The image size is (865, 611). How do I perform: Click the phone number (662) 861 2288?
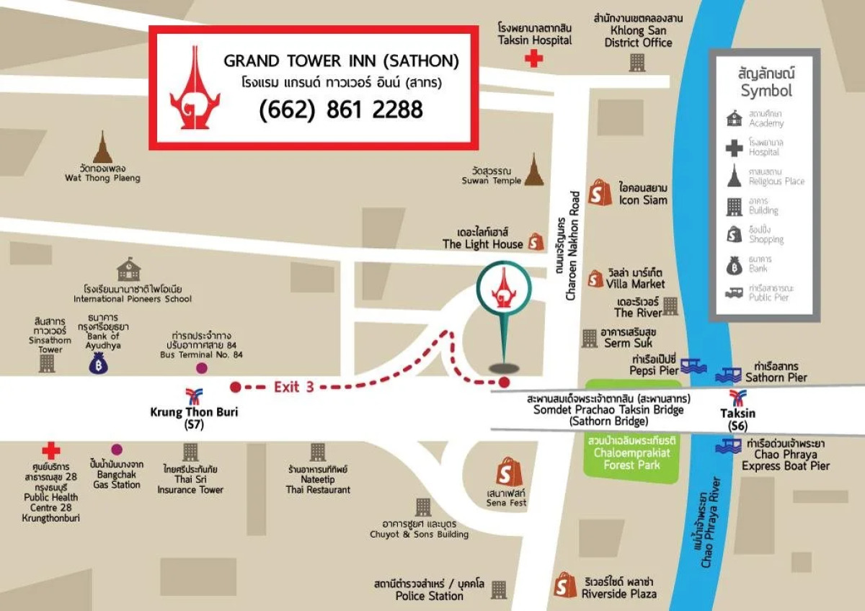(x=340, y=110)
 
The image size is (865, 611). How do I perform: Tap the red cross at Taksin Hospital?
(x=533, y=59)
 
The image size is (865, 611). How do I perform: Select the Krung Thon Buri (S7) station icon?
(x=194, y=395)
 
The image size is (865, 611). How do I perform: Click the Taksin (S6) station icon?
(x=737, y=397)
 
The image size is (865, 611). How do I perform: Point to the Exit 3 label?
(x=293, y=386)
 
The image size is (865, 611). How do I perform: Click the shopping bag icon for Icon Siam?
(x=600, y=192)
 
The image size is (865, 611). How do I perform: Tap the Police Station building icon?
(x=498, y=590)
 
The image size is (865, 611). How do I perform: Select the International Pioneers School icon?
(x=129, y=269)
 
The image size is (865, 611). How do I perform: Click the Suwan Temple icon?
(x=533, y=170)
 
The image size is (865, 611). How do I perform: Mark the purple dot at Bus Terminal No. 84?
(x=202, y=368)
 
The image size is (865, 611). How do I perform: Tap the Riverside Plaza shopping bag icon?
(x=565, y=585)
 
